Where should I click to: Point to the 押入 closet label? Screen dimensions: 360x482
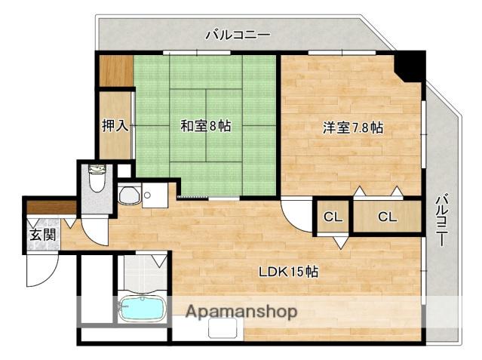pyautogui.click(x=115, y=125)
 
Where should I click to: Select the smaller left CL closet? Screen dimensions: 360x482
pyautogui.click(x=333, y=217)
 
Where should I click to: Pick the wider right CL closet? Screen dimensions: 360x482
pyautogui.click(x=387, y=217)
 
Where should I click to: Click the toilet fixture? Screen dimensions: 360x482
pyautogui.click(x=97, y=182)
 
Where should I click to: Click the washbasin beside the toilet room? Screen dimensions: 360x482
pyautogui.click(x=129, y=195)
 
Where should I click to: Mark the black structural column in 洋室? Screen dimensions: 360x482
pyautogui.click(x=410, y=65)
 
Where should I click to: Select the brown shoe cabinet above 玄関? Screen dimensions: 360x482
pyautogui.click(x=51, y=206)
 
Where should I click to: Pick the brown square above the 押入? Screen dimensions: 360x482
pyautogui.click(x=115, y=72)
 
